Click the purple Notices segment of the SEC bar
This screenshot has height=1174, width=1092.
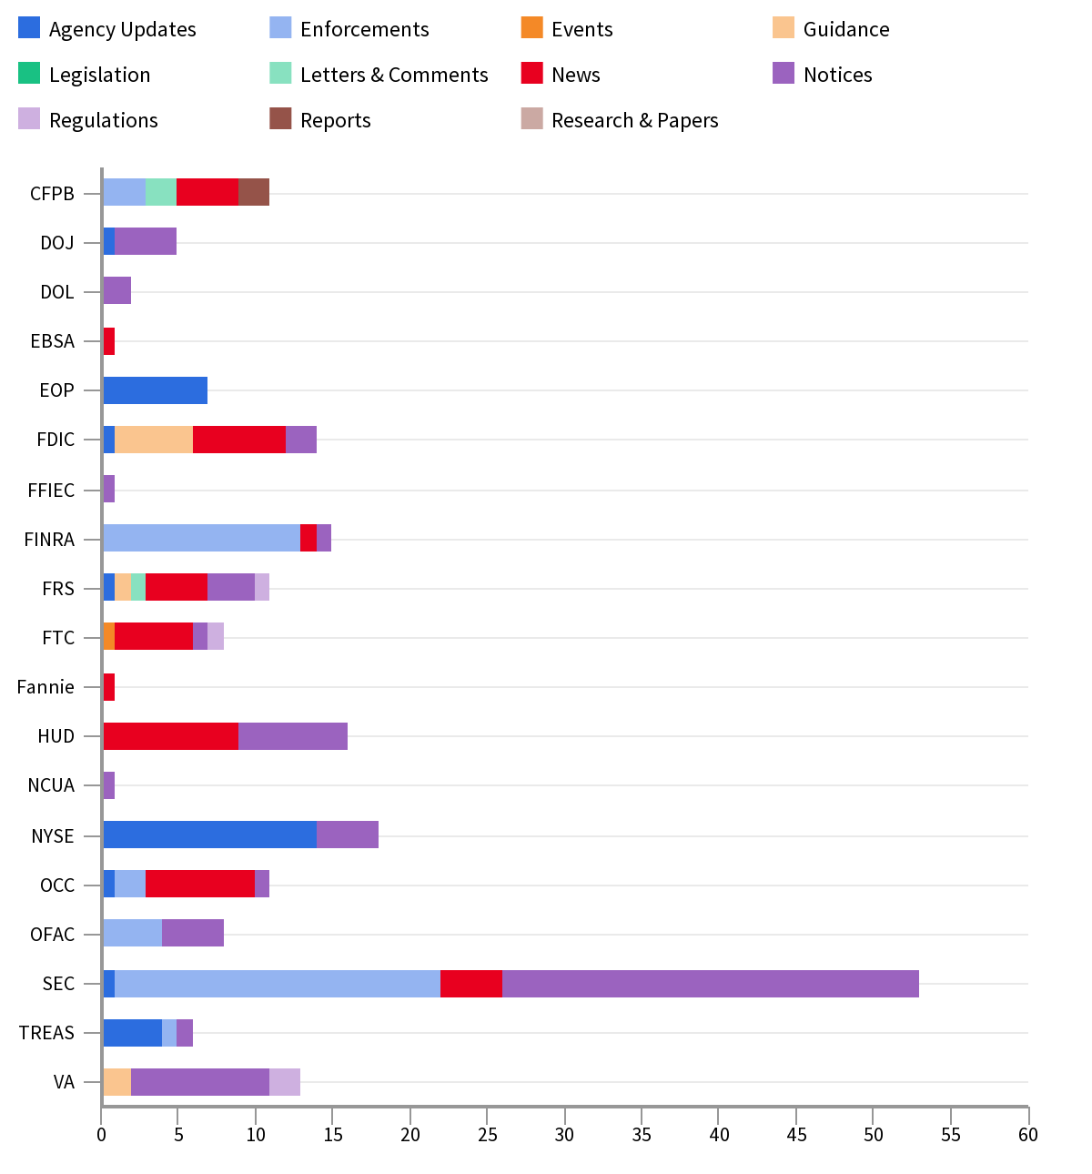coord(710,984)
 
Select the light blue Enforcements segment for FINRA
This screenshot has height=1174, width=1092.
coord(201,538)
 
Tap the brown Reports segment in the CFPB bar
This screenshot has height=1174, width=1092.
coord(254,192)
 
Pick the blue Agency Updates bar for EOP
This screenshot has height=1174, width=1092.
coord(155,390)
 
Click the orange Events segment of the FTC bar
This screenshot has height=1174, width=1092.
coord(108,636)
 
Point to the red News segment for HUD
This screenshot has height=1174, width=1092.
coord(170,735)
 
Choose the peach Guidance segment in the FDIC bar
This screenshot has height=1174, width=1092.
coord(154,440)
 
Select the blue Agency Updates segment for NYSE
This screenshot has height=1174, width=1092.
coord(209,835)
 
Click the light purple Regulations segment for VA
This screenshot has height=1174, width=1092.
coord(284,1081)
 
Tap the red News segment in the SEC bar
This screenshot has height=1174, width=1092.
coord(471,984)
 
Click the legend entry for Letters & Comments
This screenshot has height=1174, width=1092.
coord(393,75)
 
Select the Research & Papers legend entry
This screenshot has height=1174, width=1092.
coord(634,120)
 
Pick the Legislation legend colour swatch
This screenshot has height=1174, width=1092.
coord(29,73)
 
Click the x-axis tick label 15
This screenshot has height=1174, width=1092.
coord(333,1134)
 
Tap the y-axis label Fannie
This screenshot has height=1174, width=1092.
coord(45,687)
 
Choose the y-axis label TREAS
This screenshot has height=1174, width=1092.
coord(46,1033)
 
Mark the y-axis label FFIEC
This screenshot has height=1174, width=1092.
coord(51,491)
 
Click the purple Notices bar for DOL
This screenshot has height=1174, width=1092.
coord(116,291)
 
